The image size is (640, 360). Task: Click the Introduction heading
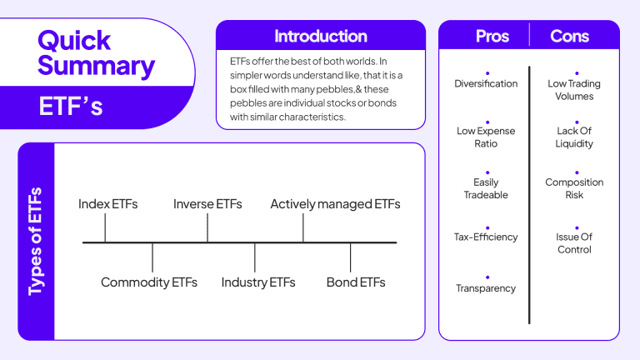click(321, 36)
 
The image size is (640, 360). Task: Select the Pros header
click(492, 36)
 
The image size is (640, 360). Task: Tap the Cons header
click(570, 36)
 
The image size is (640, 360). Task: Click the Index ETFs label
click(107, 204)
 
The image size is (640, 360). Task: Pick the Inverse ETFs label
click(207, 204)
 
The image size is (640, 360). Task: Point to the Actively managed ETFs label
click(335, 204)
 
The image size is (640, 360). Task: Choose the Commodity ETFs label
click(149, 282)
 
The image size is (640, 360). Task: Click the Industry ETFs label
click(258, 282)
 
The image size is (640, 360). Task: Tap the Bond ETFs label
click(356, 282)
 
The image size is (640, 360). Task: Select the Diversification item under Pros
click(486, 83)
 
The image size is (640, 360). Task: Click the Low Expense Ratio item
click(486, 137)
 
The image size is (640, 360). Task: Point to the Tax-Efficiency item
click(486, 237)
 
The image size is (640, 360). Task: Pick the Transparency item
click(486, 288)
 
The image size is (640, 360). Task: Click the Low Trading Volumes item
click(574, 90)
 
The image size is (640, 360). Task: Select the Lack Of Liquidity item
click(574, 137)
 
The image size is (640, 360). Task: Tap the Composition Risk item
click(574, 188)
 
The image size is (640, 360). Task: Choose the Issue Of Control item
click(574, 243)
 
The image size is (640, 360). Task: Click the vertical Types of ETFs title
click(36, 242)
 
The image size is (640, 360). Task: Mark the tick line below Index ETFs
click(105, 228)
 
